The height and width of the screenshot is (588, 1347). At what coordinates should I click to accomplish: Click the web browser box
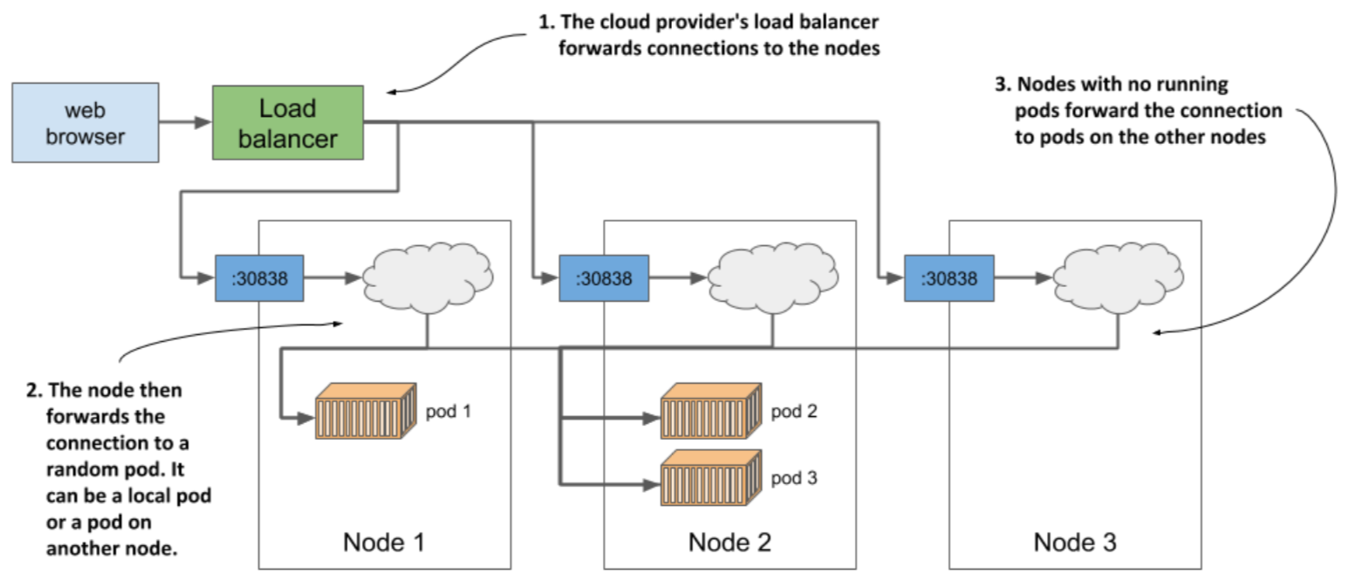pos(85,122)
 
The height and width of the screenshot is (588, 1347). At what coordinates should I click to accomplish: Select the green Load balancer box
pos(288,122)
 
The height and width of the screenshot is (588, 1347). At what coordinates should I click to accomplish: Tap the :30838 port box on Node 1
pos(259,278)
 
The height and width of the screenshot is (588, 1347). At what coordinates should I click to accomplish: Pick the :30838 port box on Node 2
pos(604,278)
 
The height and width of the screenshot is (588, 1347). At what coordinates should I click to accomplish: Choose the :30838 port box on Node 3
pos(948,278)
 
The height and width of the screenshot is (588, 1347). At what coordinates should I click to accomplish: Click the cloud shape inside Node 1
pos(427,275)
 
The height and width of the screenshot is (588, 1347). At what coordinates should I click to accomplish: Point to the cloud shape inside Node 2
pos(773,275)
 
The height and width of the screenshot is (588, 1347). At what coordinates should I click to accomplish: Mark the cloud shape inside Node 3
pos(1118,275)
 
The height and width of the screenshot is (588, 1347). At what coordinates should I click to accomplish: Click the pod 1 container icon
pos(366,411)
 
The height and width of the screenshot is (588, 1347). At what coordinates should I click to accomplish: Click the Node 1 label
pos(385,542)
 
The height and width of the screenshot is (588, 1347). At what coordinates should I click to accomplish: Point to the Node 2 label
pos(729,542)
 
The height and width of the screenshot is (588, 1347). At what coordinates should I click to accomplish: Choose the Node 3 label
pos(1075,542)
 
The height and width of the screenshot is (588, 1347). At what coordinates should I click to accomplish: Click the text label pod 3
pos(794,478)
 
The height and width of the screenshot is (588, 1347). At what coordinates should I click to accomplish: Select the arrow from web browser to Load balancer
pos(185,123)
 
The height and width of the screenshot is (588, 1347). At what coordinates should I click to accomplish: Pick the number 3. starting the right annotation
pos(1002,85)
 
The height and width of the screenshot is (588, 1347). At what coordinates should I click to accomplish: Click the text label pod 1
pos(448,410)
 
